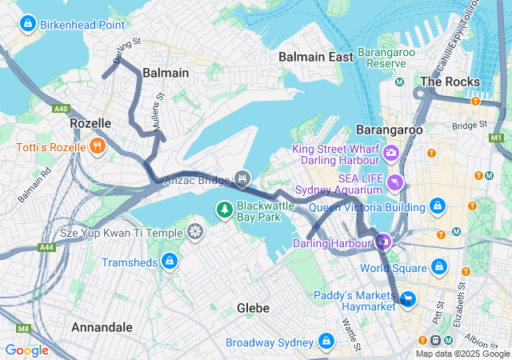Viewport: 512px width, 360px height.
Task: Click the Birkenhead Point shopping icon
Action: [x=29, y=24]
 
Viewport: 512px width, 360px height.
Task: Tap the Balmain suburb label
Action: [x=166, y=73]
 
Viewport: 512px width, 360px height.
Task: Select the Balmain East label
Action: [x=315, y=57]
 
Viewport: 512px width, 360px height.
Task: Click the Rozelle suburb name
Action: [x=90, y=123]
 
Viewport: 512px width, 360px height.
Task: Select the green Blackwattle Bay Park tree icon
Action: [x=226, y=210]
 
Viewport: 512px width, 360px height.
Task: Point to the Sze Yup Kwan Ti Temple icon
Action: [x=195, y=233]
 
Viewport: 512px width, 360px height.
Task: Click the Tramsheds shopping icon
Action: [x=169, y=262]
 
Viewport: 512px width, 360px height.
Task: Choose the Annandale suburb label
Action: [x=102, y=327]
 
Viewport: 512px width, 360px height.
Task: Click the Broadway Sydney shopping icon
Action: [x=326, y=342]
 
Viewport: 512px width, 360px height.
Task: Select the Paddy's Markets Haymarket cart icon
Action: [x=408, y=299]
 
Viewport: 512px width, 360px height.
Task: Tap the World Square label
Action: [x=391, y=267]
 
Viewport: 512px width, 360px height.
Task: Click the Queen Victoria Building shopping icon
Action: [x=437, y=208]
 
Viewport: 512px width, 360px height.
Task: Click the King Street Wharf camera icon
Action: [x=391, y=153]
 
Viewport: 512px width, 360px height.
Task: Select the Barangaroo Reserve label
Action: [x=382, y=58]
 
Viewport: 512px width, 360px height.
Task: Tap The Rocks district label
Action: [x=450, y=82]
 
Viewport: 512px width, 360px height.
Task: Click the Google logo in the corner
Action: [x=26, y=350]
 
